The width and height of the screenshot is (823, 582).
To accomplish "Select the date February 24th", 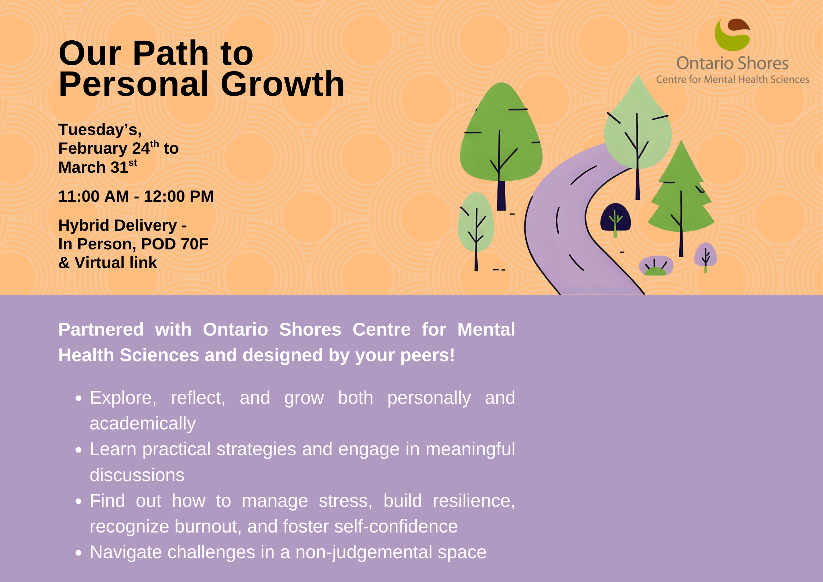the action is click(x=109, y=147).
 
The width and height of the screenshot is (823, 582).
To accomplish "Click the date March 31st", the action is click(x=98, y=166).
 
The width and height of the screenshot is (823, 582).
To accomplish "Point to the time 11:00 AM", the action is click(x=94, y=196).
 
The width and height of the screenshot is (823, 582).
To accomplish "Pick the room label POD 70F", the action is click(x=175, y=244).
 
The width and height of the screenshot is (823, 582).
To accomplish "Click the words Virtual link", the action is click(x=116, y=263).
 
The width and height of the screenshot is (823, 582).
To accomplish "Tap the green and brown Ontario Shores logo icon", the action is click(x=732, y=35).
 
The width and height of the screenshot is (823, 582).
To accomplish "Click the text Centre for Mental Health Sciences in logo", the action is click(x=732, y=79).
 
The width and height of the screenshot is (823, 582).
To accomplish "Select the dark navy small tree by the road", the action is click(x=616, y=219).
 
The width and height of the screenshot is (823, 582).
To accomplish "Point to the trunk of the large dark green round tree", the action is click(x=501, y=195).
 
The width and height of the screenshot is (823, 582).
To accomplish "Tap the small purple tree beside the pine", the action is click(x=705, y=256).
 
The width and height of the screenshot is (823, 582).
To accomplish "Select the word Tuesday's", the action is click(x=100, y=129).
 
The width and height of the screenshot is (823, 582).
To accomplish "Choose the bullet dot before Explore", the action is click(x=78, y=399).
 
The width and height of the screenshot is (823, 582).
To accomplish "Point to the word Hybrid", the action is click(x=82, y=226).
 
